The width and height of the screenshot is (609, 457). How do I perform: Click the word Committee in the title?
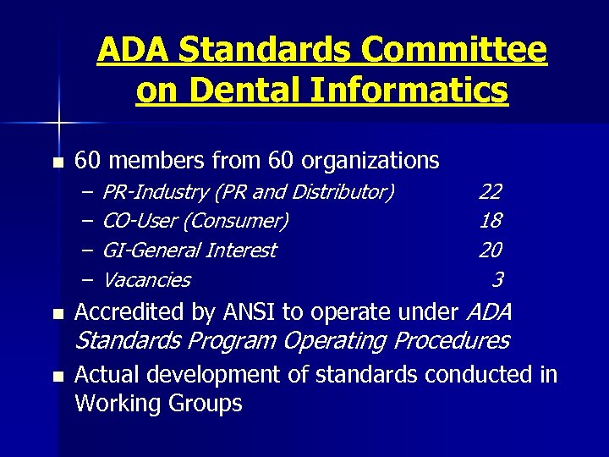point(453,51)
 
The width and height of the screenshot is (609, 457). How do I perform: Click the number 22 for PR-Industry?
point(490,192)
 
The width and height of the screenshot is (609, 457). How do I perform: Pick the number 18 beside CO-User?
point(490,221)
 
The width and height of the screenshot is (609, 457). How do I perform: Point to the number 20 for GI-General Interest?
point(490,250)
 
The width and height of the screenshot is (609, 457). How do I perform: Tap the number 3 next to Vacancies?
point(497,278)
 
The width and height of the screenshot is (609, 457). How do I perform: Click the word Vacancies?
point(146,279)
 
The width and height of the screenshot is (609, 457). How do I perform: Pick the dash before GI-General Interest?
point(89,251)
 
